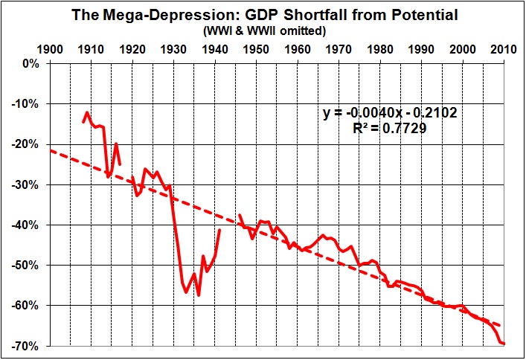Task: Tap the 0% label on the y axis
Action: (32, 64)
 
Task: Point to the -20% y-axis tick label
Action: (28, 144)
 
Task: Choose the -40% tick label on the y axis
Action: (28, 225)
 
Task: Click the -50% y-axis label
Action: (28, 266)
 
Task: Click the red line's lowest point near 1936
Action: (199, 295)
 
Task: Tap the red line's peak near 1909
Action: (87, 112)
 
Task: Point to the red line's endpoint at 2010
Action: (504, 344)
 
